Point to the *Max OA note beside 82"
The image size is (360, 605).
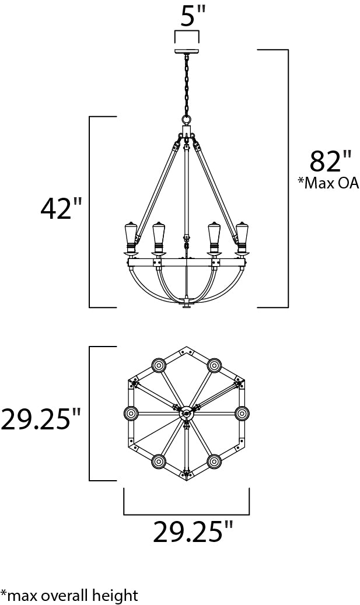coord(328,183)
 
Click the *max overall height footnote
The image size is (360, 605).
coord(69,595)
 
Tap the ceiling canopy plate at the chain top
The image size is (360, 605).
coord(187,52)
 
